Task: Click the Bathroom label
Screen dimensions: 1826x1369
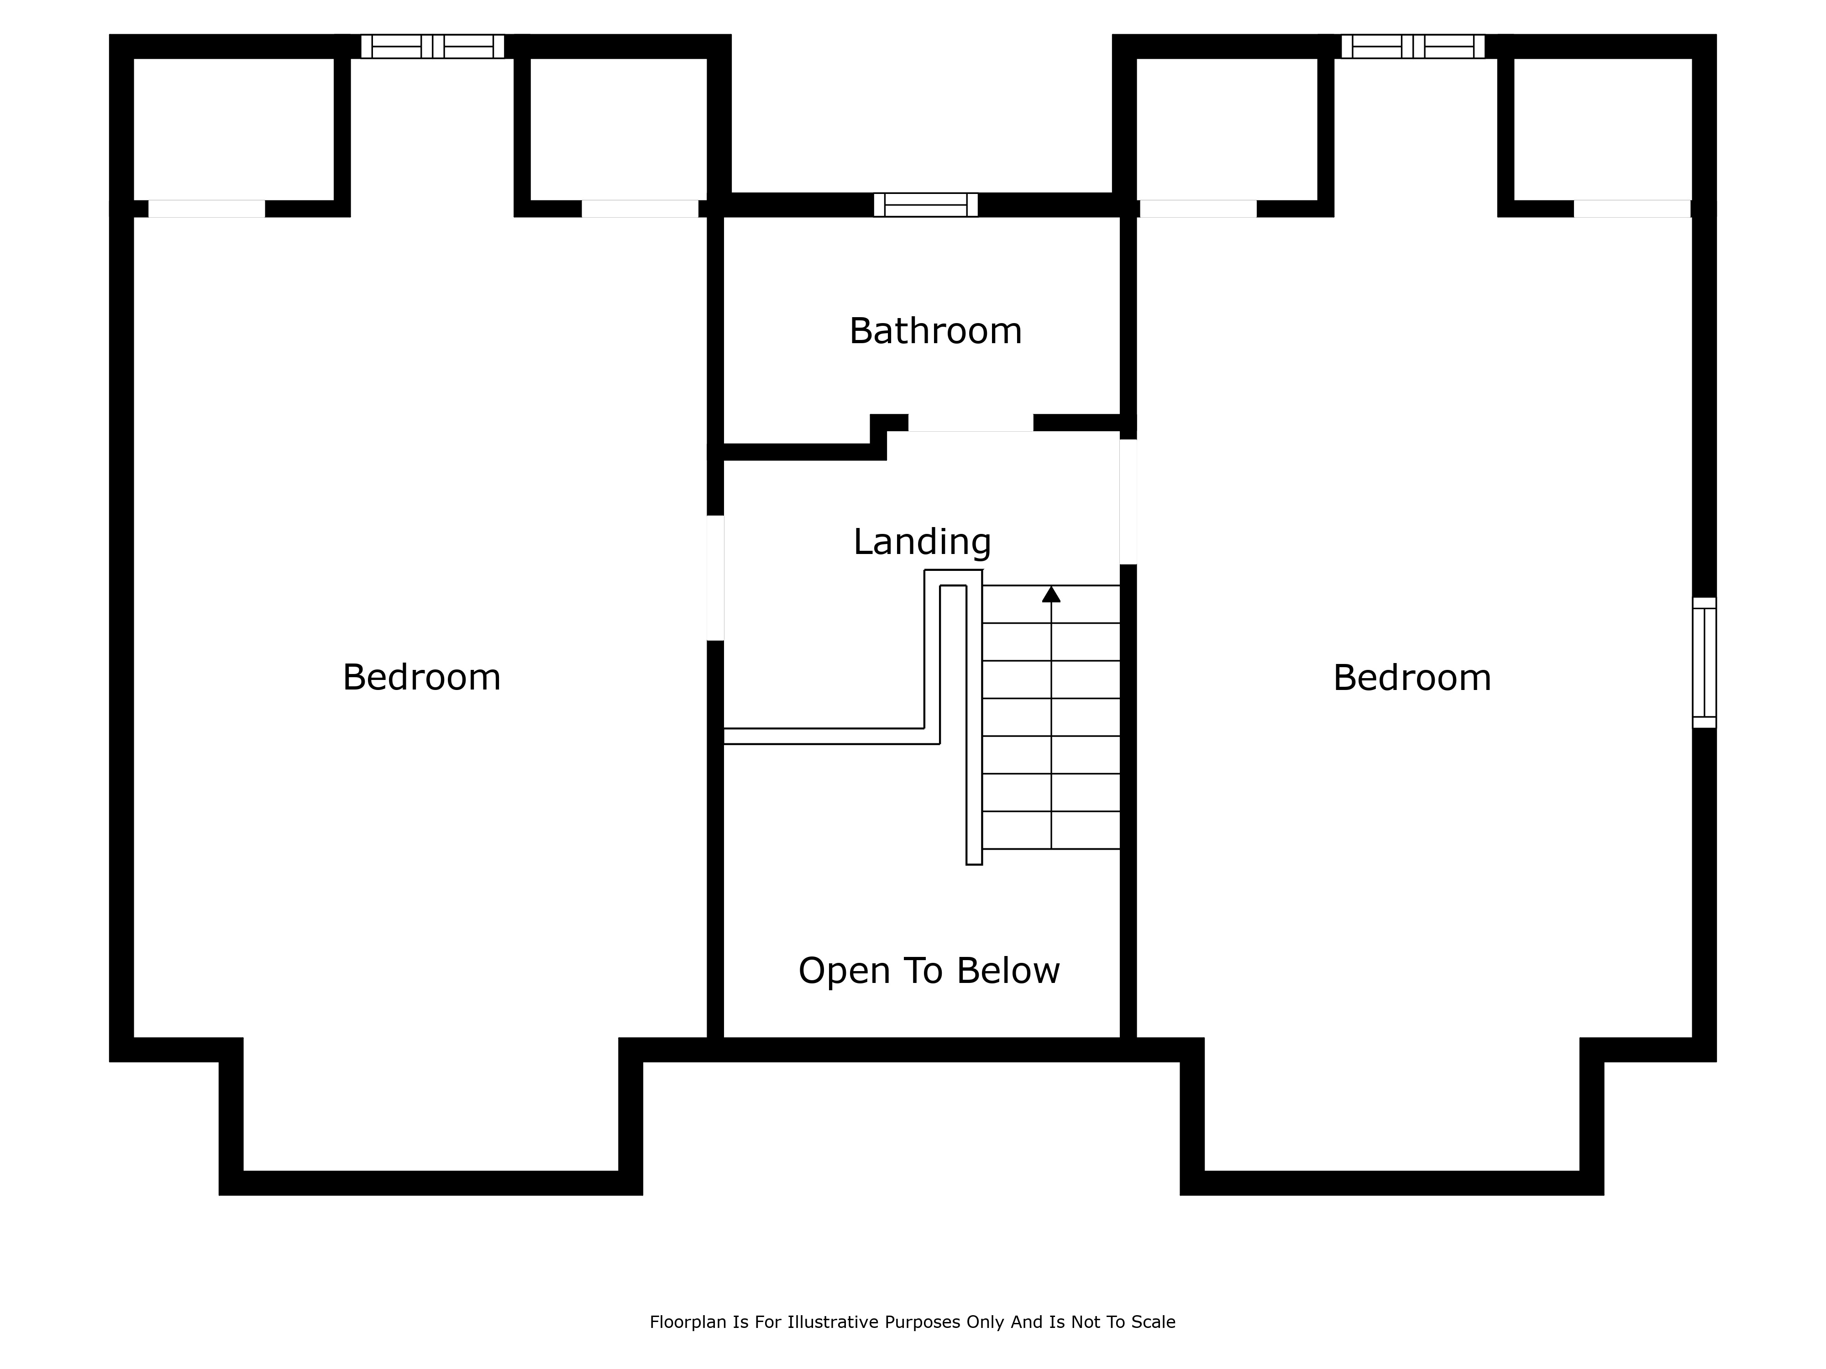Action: (935, 331)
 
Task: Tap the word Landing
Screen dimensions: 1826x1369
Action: (922, 542)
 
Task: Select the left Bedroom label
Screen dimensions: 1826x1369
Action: (422, 678)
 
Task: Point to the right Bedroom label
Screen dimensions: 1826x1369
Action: (1412, 678)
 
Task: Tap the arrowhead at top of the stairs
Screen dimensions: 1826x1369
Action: (1051, 594)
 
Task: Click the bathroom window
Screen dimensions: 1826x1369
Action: (926, 204)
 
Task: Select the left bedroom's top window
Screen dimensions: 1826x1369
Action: (433, 46)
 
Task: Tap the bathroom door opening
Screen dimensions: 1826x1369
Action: (971, 423)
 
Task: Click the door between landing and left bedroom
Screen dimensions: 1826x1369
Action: (716, 578)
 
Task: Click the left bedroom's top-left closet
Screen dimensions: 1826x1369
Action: (234, 130)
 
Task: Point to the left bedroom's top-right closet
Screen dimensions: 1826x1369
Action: (618, 130)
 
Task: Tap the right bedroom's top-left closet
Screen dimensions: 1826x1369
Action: (1227, 130)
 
